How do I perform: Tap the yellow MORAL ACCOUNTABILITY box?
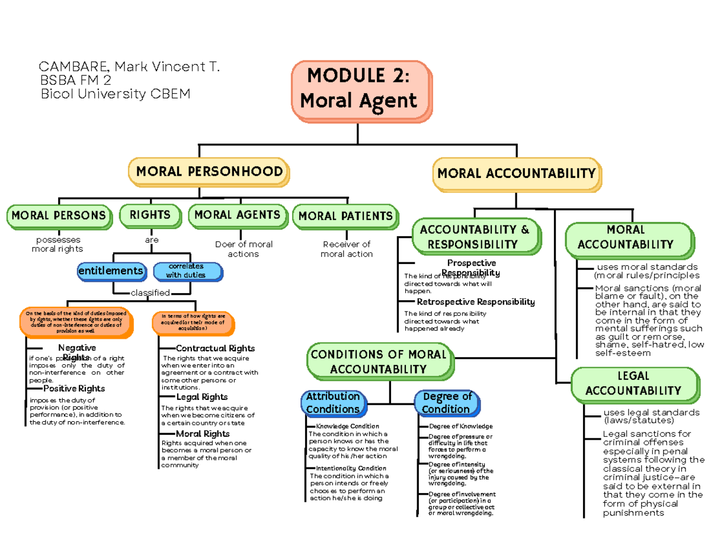tap(515, 174)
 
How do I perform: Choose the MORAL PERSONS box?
tap(58, 215)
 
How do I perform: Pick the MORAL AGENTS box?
tap(237, 215)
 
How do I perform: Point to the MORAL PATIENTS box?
tap(345, 217)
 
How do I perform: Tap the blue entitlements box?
tap(111, 271)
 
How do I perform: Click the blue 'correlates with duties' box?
tap(187, 271)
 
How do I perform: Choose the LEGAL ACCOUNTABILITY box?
tap(632, 383)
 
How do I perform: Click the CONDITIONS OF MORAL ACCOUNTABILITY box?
tap(378, 362)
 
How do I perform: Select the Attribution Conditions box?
tap(333, 403)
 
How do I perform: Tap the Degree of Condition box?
tap(446, 403)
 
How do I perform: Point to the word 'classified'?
tap(150, 293)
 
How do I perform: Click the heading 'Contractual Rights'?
tap(215, 348)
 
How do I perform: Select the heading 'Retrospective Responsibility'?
tap(476, 302)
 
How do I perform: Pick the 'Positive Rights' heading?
tap(74, 389)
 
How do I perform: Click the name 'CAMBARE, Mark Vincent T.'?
tap(129, 67)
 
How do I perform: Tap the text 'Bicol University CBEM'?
tap(115, 94)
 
